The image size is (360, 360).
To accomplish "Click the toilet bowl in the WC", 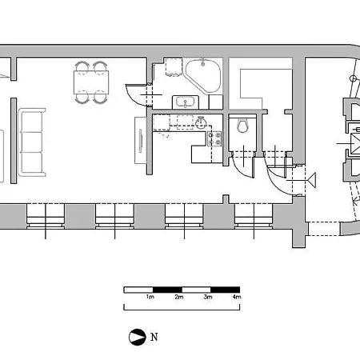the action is (x=242, y=126).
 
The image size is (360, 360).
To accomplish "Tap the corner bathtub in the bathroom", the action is (x=204, y=75).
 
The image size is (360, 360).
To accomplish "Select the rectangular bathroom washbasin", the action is (x=186, y=102).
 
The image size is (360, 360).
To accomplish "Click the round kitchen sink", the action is (x=201, y=122).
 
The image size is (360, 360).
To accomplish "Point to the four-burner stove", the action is (x=214, y=138).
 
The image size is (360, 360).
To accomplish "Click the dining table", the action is (x=91, y=82).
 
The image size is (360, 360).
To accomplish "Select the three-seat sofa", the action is (x=32, y=142).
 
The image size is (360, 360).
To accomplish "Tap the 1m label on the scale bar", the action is (x=150, y=297).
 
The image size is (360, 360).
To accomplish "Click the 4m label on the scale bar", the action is (x=237, y=297).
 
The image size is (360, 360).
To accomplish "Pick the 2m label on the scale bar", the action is (x=179, y=297).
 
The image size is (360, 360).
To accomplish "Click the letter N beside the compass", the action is (x=154, y=337).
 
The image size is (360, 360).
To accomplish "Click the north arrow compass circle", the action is (x=138, y=337).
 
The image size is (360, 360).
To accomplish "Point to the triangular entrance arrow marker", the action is (x=312, y=181).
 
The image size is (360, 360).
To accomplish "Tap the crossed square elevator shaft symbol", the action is (x=355, y=144).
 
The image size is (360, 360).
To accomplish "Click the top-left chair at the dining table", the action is (x=82, y=66).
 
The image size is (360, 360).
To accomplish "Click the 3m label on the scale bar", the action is (x=208, y=297).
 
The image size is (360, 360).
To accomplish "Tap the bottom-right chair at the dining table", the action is (x=100, y=97).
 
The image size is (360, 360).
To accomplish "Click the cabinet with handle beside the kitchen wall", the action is (x=140, y=140).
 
